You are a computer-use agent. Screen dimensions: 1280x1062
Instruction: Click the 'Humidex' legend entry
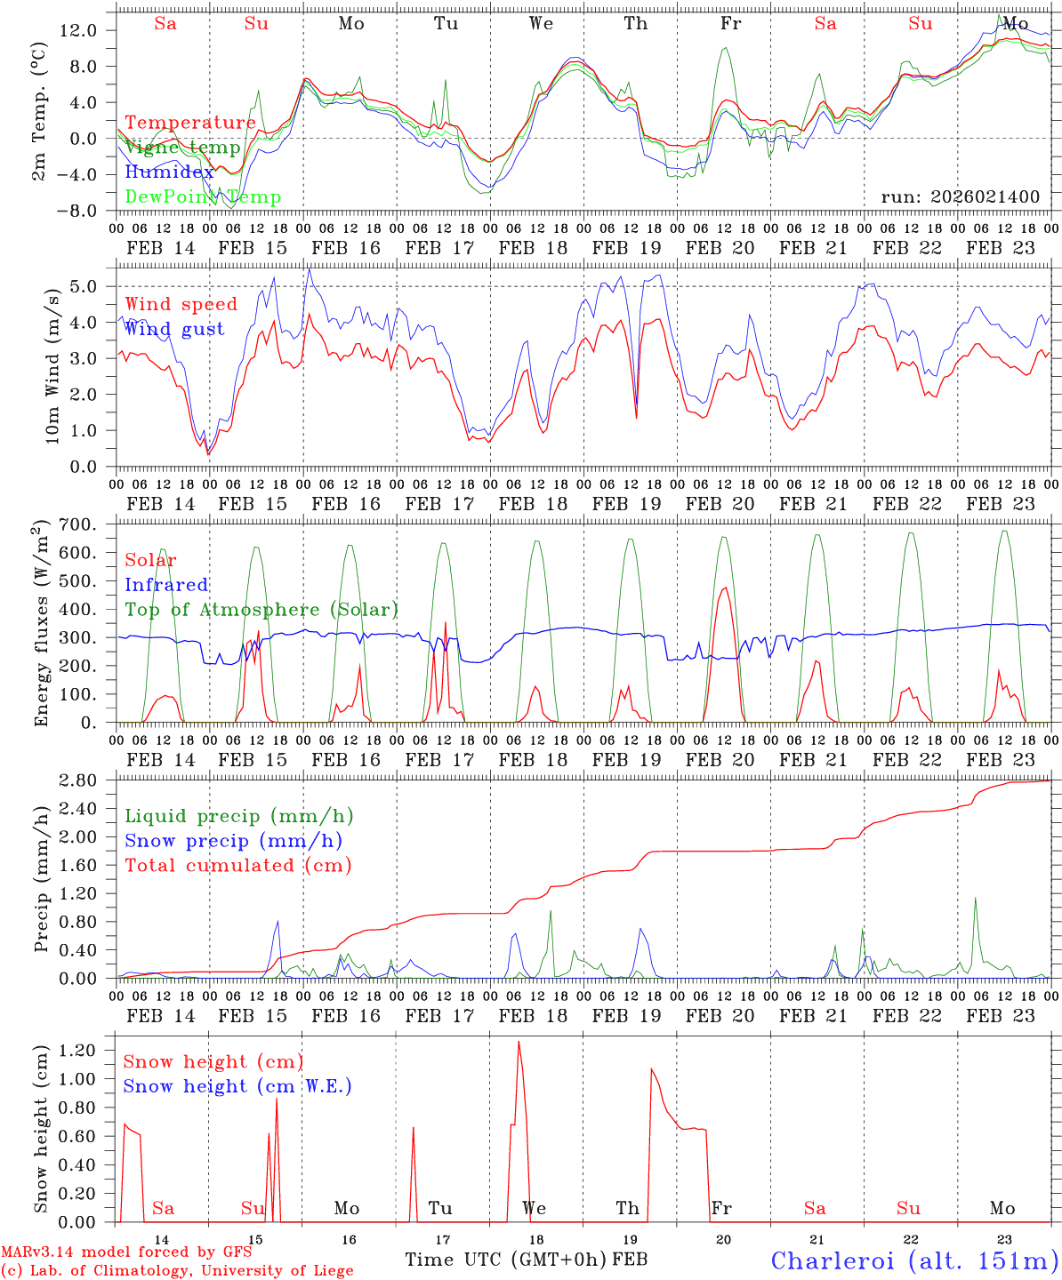point(169,172)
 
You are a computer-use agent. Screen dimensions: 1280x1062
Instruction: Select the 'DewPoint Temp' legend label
point(203,197)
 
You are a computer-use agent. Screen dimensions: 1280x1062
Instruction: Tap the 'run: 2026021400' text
point(960,197)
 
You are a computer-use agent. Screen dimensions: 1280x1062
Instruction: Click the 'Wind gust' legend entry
point(174,330)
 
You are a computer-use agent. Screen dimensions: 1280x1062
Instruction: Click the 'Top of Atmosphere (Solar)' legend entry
point(261,610)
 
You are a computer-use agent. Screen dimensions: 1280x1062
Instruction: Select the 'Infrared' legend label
point(166,585)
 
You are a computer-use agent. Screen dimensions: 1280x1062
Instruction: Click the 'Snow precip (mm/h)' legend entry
point(233,841)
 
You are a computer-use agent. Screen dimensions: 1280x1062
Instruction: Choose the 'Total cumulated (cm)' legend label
point(237,866)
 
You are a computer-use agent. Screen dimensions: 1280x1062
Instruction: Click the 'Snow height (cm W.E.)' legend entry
point(237,1086)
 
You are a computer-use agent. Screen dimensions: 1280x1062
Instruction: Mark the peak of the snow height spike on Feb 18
point(519,1042)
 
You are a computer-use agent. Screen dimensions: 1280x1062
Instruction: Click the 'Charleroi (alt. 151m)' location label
point(914,1260)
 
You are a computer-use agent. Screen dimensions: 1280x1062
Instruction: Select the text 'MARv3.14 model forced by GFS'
point(126,1252)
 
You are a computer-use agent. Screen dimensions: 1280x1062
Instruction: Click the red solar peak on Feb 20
point(725,588)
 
